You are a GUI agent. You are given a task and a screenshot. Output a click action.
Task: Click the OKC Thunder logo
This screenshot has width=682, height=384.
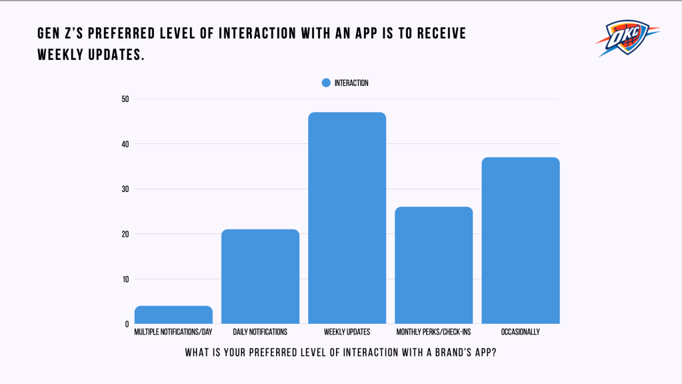tap(626, 38)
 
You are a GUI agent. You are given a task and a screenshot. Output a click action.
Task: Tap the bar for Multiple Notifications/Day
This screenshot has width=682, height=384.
tap(173, 315)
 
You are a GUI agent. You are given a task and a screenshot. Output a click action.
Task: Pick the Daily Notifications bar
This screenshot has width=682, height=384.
tap(260, 277)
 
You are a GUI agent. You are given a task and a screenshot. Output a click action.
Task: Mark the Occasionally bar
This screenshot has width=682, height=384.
tap(521, 241)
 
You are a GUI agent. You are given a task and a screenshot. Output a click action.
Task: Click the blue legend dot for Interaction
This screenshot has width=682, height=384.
tap(326, 83)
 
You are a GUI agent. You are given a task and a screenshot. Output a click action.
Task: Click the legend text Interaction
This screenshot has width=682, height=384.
tap(351, 83)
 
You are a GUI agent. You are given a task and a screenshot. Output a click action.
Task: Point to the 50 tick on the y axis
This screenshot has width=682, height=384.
tap(125, 99)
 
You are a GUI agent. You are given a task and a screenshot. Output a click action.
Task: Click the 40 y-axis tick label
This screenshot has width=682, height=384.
tap(125, 144)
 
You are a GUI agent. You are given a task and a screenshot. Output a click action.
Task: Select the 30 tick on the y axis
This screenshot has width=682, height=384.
tap(125, 189)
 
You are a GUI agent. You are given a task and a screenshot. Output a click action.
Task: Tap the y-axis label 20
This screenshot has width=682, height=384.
tap(125, 234)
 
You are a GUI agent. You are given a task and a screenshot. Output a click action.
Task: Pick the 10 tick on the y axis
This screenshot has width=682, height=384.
tap(125, 279)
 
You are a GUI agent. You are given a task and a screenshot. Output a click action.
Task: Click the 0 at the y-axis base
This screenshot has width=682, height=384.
tap(127, 324)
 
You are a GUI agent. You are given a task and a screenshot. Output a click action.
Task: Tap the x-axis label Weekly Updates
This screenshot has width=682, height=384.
tap(347, 332)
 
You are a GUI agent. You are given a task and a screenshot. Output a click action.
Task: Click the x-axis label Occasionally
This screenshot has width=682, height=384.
tap(521, 332)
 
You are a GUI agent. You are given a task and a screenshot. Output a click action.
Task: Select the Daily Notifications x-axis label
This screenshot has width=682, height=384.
tap(260, 332)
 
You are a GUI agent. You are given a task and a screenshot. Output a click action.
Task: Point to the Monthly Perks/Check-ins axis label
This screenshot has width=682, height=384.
tap(434, 332)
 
